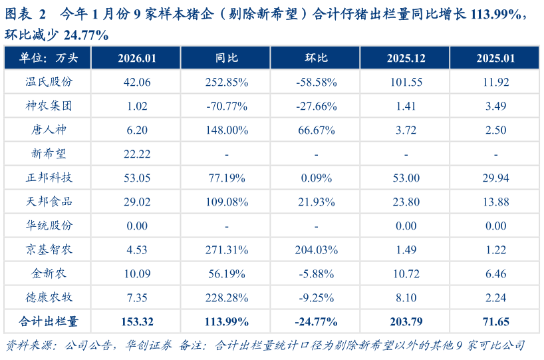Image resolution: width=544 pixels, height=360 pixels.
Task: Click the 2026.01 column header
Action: (x=137, y=58)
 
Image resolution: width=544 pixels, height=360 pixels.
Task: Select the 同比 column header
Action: (x=227, y=58)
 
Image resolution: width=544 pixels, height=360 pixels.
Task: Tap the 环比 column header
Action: (x=317, y=58)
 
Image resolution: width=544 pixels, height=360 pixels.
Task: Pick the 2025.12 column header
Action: (x=406, y=58)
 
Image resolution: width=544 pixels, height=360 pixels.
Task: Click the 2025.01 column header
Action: (x=495, y=58)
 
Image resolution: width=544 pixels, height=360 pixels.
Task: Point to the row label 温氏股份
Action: (x=49, y=82)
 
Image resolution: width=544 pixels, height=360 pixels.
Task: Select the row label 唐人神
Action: (x=49, y=130)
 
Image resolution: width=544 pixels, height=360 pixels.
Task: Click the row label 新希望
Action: (x=49, y=154)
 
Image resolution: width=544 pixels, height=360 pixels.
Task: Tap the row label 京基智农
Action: (x=49, y=250)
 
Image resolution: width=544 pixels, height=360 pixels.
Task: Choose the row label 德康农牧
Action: (x=49, y=297)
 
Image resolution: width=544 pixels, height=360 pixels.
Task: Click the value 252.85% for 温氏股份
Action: (x=227, y=82)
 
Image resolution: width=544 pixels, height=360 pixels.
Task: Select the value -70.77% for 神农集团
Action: (x=227, y=106)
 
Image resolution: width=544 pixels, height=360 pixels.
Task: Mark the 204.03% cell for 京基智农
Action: (x=317, y=250)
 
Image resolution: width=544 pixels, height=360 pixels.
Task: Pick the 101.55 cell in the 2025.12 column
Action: (x=406, y=82)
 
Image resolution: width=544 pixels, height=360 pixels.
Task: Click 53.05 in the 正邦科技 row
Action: (x=137, y=178)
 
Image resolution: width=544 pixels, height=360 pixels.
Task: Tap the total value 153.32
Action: (x=137, y=322)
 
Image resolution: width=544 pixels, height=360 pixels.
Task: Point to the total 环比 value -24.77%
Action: (x=317, y=322)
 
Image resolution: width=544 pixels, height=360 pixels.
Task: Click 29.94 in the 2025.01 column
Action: (x=495, y=178)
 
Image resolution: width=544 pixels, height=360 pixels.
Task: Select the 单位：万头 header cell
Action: (x=49, y=58)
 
